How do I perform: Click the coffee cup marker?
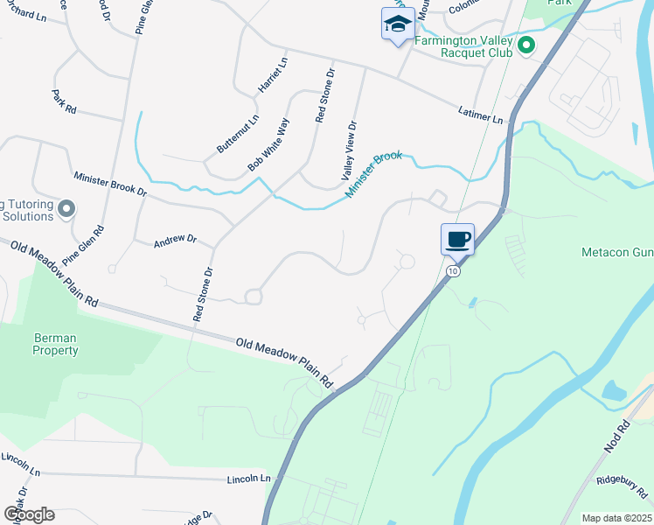(x=457, y=239)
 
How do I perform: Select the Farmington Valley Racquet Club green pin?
(x=525, y=45)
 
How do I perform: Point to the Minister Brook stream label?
(x=373, y=173)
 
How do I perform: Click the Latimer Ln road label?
(x=481, y=114)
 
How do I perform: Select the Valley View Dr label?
(x=352, y=150)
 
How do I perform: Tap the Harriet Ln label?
(x=271, y=76)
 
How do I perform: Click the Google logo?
(x=28, y=514)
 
